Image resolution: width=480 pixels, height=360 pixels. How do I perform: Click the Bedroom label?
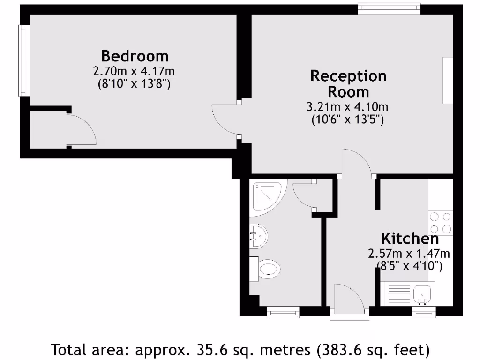point(135,56)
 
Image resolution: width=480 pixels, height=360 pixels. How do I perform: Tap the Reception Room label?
point(348,83)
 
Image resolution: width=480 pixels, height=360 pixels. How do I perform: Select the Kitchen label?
point(410,238)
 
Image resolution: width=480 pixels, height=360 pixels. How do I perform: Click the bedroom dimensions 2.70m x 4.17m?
point(134,72)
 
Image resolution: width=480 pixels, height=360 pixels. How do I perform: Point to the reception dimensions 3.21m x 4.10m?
point(347,107)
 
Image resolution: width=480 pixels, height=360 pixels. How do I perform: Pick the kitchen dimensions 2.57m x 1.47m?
point(409,254)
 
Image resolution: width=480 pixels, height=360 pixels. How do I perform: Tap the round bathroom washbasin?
point(258,236)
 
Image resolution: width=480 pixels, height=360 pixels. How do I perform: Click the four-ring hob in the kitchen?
point(441,223)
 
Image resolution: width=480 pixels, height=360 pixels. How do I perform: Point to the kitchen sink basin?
point(425,292)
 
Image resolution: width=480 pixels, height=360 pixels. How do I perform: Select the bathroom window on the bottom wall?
point(283,312)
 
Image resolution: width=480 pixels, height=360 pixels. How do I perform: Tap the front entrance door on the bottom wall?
point(349,300)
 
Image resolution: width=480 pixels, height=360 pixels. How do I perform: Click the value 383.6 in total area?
point(340,349)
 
